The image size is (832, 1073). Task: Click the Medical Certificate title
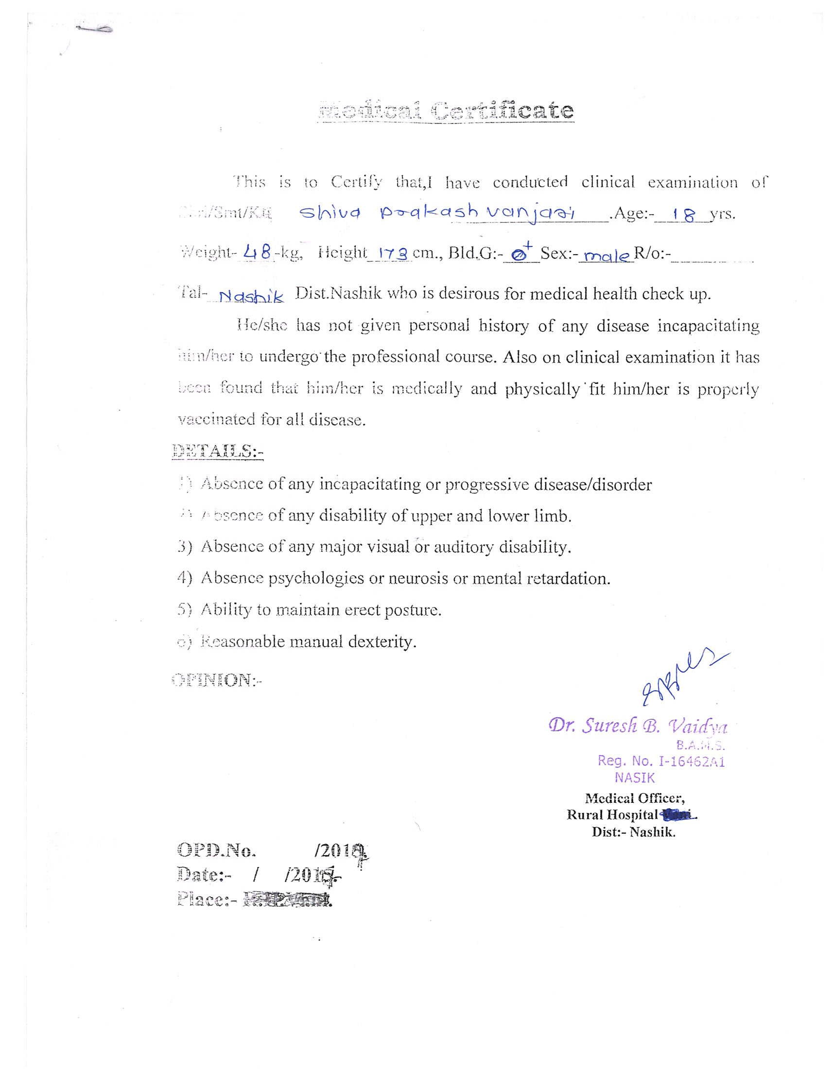tap(446, 110)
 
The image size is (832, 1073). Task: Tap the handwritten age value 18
tap(684, 215)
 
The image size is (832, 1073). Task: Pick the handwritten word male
tap(606, 256)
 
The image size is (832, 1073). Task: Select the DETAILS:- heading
tap(218, 451)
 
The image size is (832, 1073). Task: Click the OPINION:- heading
tap(217, 680)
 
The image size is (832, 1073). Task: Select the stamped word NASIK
tap(634, 778)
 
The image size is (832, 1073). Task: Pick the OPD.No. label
tap(216, 850)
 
